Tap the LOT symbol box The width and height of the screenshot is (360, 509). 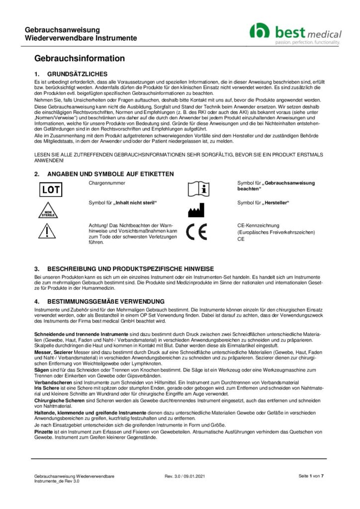50,189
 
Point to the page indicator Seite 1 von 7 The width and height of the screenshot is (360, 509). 311,476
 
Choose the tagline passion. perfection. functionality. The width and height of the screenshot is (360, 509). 308,43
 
